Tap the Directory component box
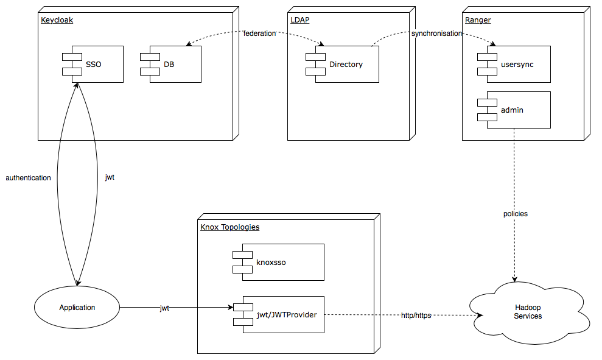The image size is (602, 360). point(346,64)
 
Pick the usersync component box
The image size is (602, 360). point(517,64)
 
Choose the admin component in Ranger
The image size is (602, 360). point(517,110)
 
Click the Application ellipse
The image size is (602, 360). point(77,308)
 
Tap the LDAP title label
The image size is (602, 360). point(299,20)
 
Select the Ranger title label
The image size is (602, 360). point(478,20)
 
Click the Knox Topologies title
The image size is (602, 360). point(229,227)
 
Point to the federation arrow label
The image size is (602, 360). point(260,34)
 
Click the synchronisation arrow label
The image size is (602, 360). point(436,34)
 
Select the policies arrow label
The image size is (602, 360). point(515,214)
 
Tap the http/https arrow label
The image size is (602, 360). point(416,316)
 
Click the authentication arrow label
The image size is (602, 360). point(28,178)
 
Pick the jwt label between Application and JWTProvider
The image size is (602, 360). point(164,308)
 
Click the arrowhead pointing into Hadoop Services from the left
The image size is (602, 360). point(479,316)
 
